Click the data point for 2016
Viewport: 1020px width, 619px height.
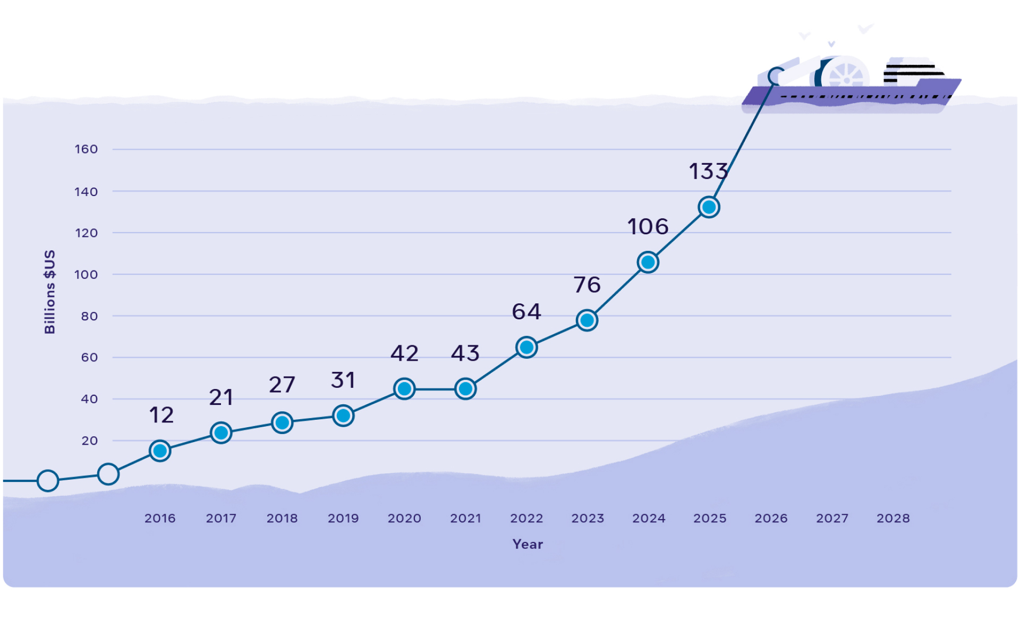click(x=160, y=451)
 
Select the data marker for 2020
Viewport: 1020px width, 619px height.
click(x=404, y=388)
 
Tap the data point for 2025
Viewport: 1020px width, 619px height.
click(x=709, y=207)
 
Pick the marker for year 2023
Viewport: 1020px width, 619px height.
click(x=587, y=320)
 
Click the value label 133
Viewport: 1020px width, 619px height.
click(x=708, y=171)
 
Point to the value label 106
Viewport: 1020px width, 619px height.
click(x=648, y=227)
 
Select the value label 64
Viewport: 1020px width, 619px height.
click(x=526, y=311)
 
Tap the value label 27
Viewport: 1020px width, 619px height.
click(x=282, y=385)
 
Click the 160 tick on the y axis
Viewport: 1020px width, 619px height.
click(x=86, y=149)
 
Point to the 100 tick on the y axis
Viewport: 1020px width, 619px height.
click(x=86, y=275)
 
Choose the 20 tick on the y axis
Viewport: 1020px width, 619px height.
click(x=89, y=440)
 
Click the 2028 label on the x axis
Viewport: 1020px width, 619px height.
click(x=893, y=518)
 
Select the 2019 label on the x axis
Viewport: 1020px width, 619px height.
click(x=343, y=518)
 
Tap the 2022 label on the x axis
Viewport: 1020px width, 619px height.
click(x=526, y=518)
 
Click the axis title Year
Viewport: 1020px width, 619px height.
click(x=528, y=544)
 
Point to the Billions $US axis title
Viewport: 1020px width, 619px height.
click(x=49, y=292)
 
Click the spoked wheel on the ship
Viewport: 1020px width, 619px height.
click(x=846, y=76)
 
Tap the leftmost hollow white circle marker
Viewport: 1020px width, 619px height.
click(x=48, y=480)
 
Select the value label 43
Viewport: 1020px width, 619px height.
click(x=465, y=353)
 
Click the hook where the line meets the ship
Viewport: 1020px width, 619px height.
click(x=776, y=76)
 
